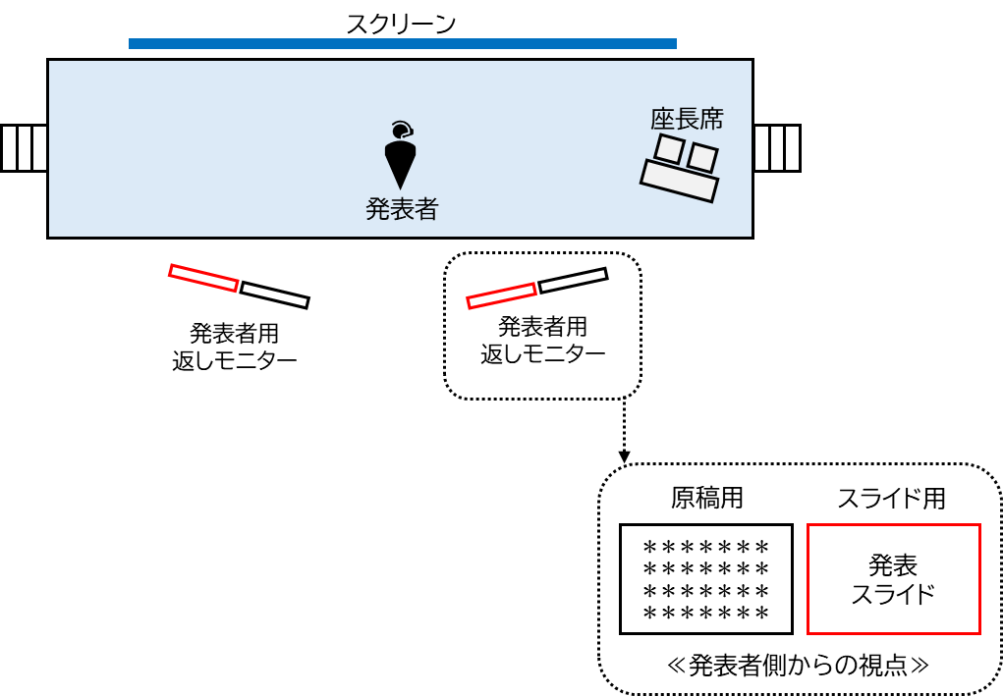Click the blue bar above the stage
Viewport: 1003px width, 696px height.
403,43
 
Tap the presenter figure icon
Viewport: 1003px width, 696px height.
400,157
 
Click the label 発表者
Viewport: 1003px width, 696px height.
402,209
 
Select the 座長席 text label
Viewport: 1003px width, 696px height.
687,119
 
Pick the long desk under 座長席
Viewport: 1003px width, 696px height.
679,181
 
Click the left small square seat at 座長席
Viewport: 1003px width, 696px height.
669,149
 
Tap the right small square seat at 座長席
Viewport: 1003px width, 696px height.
702,157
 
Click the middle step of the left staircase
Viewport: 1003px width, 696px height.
25,148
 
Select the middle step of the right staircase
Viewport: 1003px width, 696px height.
777,148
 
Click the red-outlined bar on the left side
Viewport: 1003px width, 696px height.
203,278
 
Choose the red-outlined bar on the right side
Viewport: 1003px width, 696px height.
501,295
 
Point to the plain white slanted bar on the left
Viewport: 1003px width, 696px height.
274,294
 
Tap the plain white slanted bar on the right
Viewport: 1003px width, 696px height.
573,280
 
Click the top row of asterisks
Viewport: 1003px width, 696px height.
705,547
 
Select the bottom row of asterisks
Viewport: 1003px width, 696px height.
705,614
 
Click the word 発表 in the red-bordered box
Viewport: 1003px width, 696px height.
893,565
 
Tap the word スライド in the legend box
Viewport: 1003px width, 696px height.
893,594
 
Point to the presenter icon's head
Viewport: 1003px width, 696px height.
400,131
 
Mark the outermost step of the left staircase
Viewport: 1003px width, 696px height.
10,148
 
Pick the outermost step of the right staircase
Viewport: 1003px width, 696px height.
792,148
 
